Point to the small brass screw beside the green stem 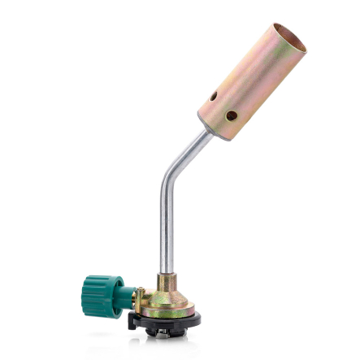click(139, 291)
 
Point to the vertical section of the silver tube click(166, 228)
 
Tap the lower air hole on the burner click(231, 115)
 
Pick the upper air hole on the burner click(214, 96)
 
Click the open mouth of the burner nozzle click(288, 41)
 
